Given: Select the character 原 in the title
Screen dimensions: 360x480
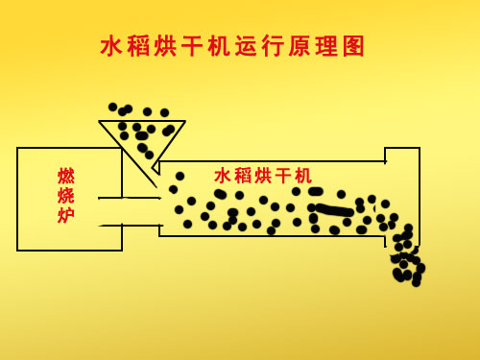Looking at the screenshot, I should (303, 46).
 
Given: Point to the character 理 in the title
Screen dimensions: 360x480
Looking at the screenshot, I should (330, 46).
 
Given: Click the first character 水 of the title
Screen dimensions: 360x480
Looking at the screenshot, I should (113, 46).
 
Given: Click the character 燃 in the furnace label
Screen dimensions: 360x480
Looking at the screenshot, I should (66, 176).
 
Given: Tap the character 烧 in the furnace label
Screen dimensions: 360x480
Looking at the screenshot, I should (66, 196).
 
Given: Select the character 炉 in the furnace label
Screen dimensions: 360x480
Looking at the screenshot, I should (66, 216).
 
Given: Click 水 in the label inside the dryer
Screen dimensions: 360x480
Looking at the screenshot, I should (223, 176).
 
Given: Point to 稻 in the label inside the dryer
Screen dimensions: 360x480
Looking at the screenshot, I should (243, 176).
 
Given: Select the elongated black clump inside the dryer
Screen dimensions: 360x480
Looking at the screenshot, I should (335, 210).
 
